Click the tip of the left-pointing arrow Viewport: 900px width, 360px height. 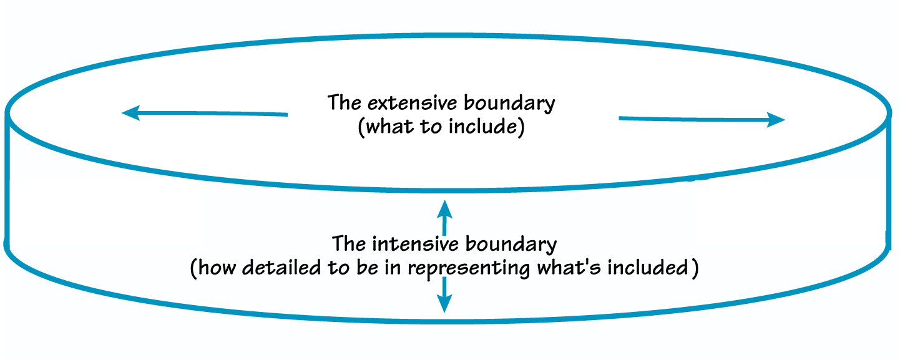pos(123,113)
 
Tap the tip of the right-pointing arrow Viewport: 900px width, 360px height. pos(783,120)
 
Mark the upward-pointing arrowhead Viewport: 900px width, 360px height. pos(444,207)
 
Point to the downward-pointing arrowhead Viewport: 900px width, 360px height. pos(444,306)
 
